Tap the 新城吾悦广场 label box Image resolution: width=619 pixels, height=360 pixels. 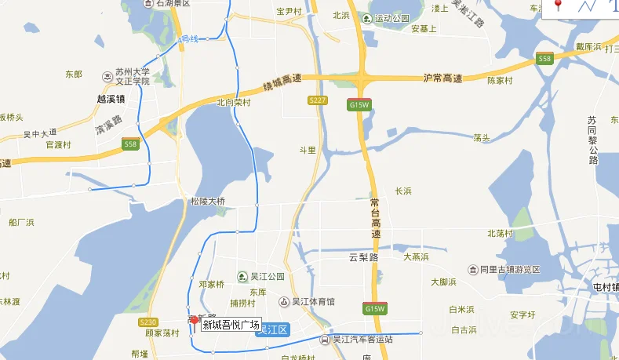(x=231, y=325)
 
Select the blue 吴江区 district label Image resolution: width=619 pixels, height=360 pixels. (x=274, y=330)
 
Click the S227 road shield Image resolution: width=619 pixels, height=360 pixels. (x=317, y=100)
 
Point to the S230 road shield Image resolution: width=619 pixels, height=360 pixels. (x=147, y=322)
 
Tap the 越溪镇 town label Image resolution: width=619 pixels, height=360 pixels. (x=102, y=100)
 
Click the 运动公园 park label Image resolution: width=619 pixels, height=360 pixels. (x=392, y=18)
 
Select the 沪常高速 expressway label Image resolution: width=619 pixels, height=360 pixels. (x=442, y=78)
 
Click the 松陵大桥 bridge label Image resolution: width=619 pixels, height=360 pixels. (x=208, y=202)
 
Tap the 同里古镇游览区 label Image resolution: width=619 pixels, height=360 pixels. (x=510, y=269)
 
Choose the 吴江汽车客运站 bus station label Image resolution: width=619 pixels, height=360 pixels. (x=362, y=339)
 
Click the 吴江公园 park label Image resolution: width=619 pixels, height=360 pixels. (x=267, y=276)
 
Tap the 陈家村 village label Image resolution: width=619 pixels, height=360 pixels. (x=500, y=80)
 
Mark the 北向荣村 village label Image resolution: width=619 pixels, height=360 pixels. (x=234, y=103)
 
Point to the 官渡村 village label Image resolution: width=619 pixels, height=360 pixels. (x=58, y=144)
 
